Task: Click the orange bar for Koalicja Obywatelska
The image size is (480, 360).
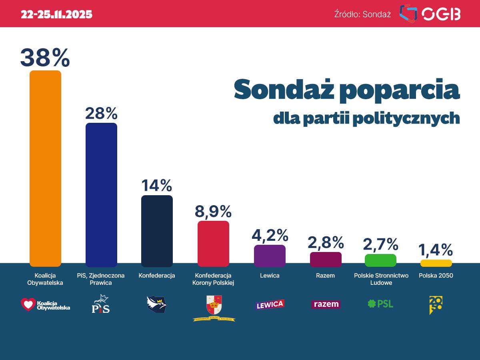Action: pos(46,168)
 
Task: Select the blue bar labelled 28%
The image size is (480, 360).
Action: pos(102,195)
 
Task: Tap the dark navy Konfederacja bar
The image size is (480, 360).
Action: pos(157,231)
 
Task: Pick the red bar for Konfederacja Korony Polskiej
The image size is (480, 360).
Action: pos(213,244)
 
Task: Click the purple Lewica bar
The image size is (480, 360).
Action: pos(270,256)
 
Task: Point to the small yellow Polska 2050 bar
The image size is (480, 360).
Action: pos(436,263)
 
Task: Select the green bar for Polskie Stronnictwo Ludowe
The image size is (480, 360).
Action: pos(380,260)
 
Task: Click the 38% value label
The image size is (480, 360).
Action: pos(45,58)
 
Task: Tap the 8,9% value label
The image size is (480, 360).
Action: pos(213,211)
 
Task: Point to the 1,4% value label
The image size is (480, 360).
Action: pos(436,250)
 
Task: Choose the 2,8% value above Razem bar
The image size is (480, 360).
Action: pos(326,242)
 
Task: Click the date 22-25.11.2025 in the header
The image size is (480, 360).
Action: pos(56,14)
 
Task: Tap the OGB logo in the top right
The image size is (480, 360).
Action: pos(430,14)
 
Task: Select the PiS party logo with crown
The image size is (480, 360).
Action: pos(101,304)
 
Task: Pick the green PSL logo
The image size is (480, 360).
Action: pos(380,304)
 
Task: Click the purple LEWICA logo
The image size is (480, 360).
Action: pos(270,304)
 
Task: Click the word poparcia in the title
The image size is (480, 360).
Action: pos(401,90)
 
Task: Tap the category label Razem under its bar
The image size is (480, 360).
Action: pos(325,276)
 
